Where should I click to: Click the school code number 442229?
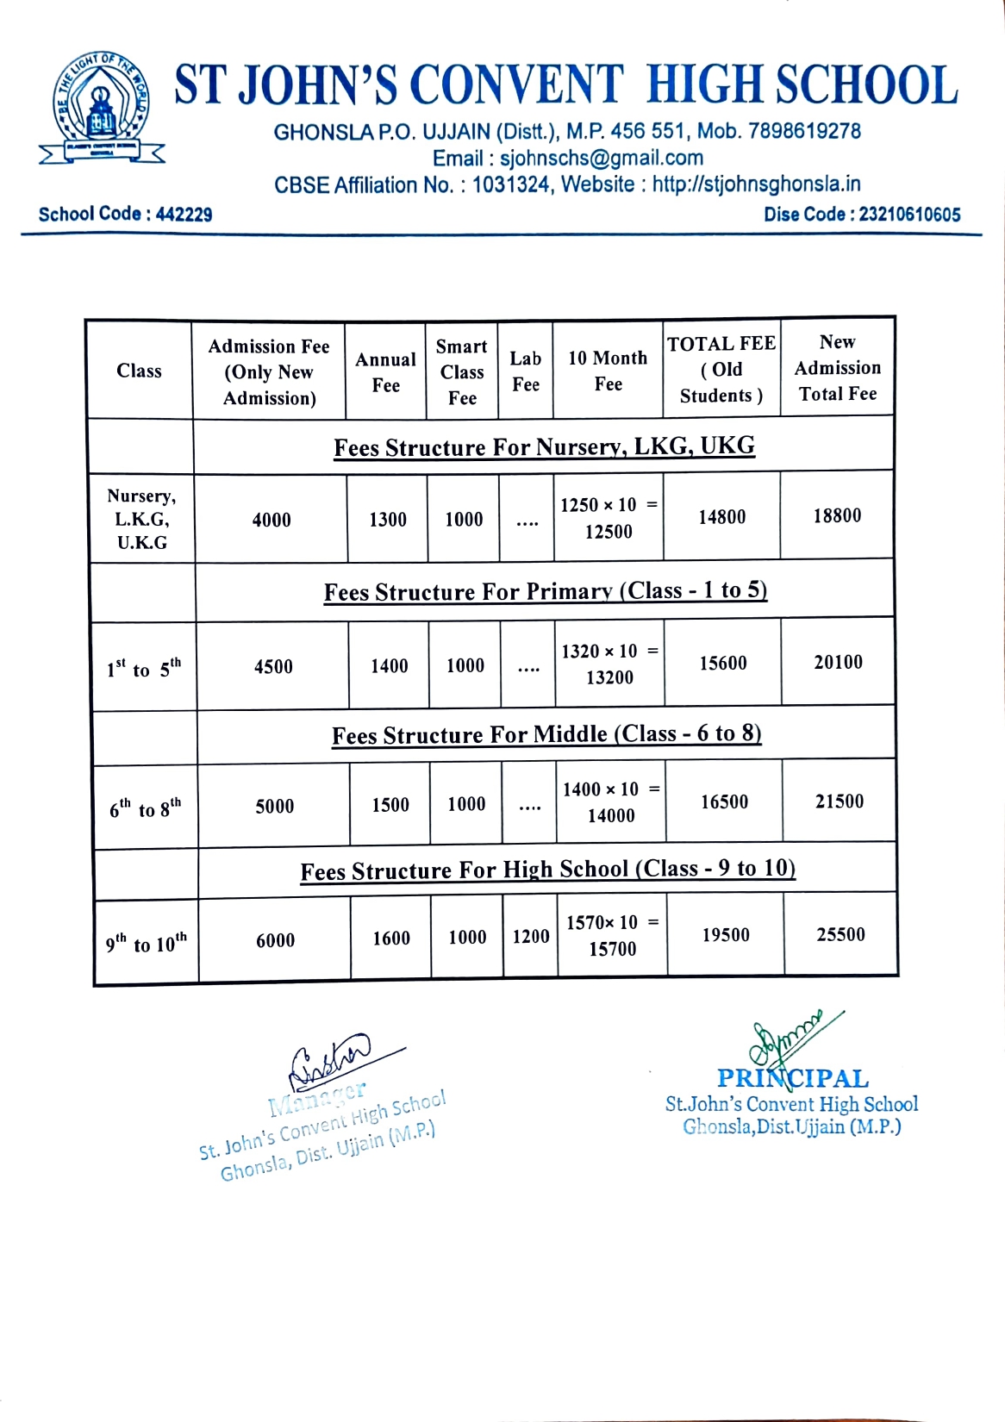184,215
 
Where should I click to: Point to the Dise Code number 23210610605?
909,215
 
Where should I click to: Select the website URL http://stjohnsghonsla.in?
756,184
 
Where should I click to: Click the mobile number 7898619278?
804,131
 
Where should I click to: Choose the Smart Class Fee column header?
462,371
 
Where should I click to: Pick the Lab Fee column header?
526,371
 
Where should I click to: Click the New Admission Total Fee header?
837,368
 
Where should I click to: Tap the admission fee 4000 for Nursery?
272,520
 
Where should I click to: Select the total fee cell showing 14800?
722,517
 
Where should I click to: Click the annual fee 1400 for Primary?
390,666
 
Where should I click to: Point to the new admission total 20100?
839,662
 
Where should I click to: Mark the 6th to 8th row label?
146,808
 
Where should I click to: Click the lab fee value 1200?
531,937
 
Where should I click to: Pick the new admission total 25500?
840,935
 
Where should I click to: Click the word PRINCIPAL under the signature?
793,1078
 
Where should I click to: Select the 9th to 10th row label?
147,944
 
